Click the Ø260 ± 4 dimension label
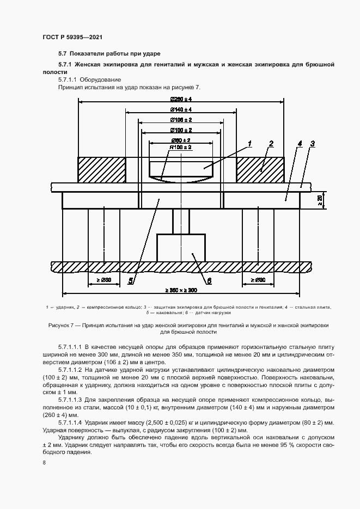point(181,99)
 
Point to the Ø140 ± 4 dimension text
point(181,109)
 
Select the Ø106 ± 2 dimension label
point(181,120)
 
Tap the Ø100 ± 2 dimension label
point(181,130)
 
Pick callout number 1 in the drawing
point(250,144)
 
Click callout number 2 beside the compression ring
point(271,144)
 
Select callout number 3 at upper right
point(313,144)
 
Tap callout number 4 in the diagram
point(300,144)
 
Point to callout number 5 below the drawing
point(131,281)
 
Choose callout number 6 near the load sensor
point(209,281)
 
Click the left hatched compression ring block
point(102,170)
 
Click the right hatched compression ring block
point(260,170)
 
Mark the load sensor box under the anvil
point(181,248)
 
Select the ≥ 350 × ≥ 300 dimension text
point(181,291)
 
